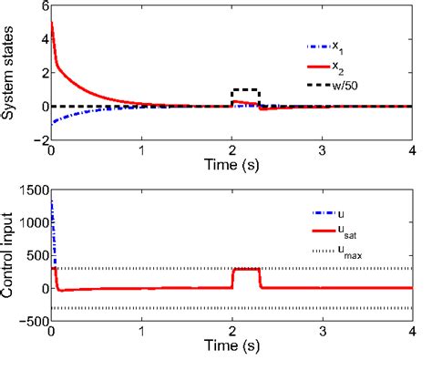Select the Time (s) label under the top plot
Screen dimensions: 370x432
[231, 170]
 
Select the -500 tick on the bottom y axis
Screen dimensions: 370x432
[27, 322]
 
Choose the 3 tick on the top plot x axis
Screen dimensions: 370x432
[322, 153]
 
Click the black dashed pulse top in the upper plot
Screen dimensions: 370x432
[246, 90]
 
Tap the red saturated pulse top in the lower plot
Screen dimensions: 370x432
[246, 269]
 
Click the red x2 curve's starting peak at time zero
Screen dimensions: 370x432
[51, 22]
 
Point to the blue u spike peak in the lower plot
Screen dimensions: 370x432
[50, 199]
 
